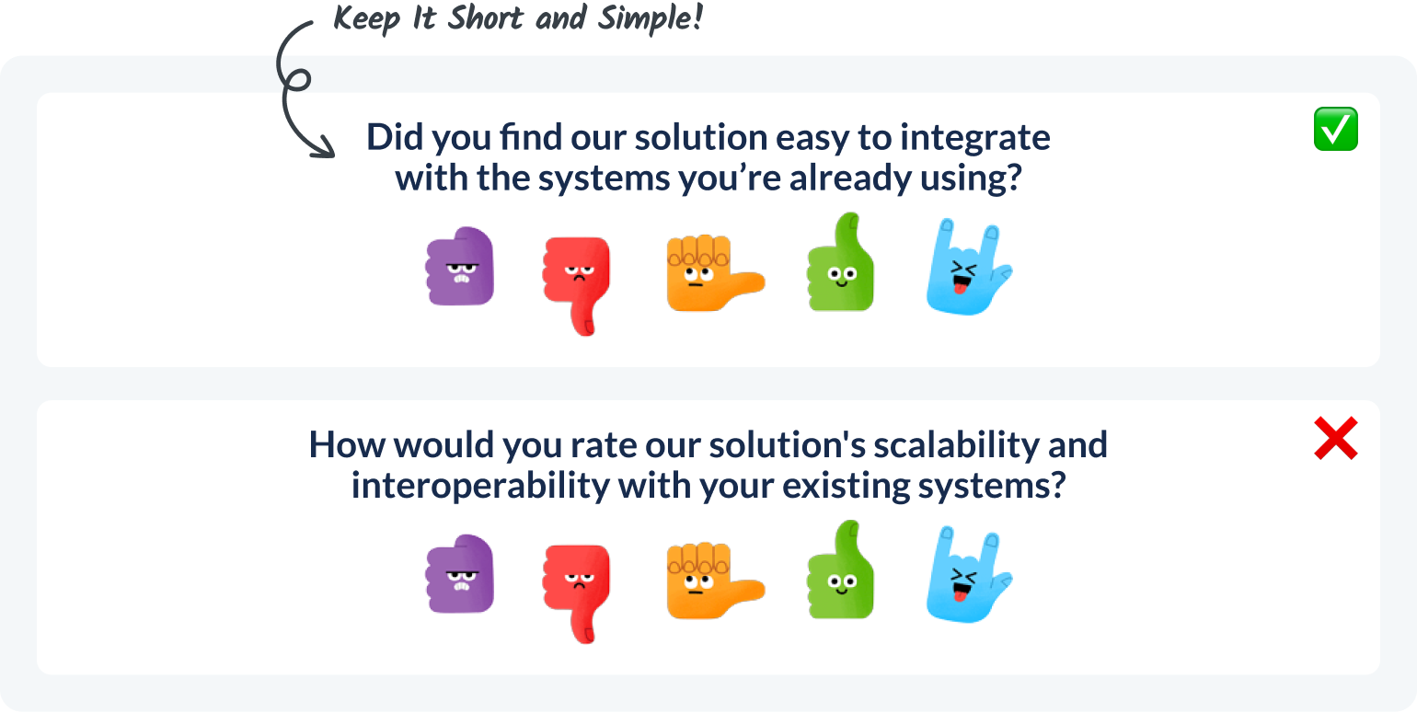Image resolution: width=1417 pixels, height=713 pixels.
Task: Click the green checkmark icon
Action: pyautogui.click(x=1335, y=131)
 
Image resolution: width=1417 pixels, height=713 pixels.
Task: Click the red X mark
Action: pyautogui.click(x=1335, y=439)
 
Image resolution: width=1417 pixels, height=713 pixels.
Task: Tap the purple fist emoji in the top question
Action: pyautogui.click(x=460, y=267)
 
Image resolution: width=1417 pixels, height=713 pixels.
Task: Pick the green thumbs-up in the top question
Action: pyautogui.click(x=840, y=266)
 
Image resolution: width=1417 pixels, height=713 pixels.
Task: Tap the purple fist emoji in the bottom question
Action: pyautogui.click(x=460, y=575)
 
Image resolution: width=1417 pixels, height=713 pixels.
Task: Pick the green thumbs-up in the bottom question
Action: pyautogui.click(x=840, y=574)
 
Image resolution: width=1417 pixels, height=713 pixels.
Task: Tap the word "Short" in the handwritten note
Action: pyautogui.click(x=486, y=18)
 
